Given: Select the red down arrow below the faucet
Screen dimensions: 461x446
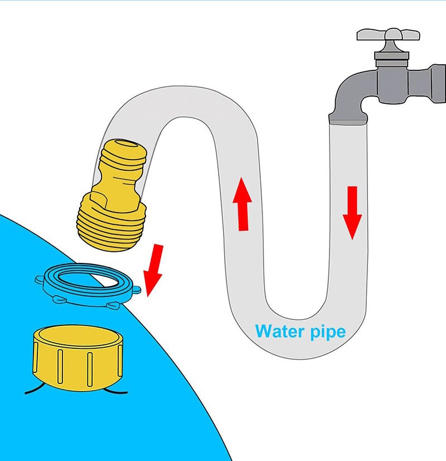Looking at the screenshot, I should click(x=352, y=213).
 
